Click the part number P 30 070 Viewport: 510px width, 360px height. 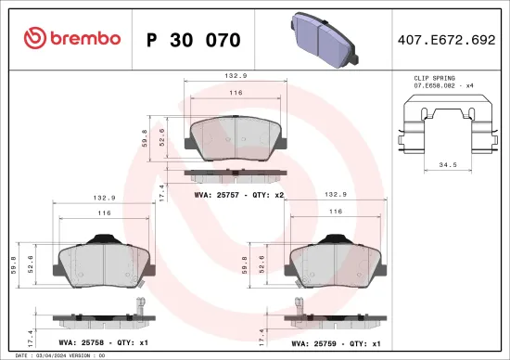[194, 40]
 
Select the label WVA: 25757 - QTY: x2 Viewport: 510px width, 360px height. [238, 196]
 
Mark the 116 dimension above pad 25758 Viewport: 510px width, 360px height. [105, 213]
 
